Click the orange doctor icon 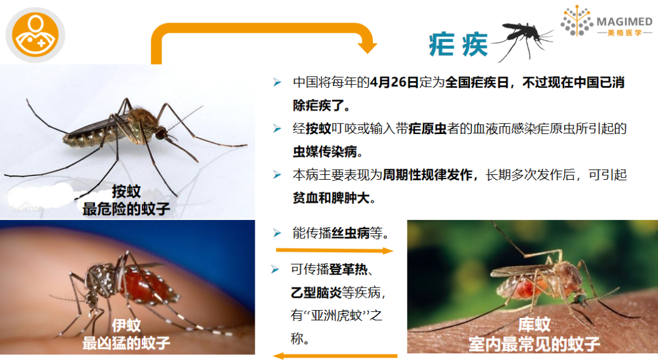click(x=35, y=35)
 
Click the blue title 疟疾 click(x=458, y=44)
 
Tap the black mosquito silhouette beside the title click(x=523, y=40)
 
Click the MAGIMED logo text click(x=624, y=21)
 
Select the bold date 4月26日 click(x=394, y=82)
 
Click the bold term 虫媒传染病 click(x=325, y=152)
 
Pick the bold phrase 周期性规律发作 click(x=428, y=175)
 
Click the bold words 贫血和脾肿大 click(x=331, y=197)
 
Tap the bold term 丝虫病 click(x=350, y=233)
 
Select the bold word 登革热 click(x=348, y=269)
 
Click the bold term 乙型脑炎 click(x=316, y=292)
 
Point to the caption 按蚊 click(x=126, y=192)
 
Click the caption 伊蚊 click(x=126, y=326)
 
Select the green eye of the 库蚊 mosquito click(x=579, y=298)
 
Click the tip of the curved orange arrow click(x=367, y=53)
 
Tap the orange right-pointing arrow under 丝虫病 click(x=334, y=250)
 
